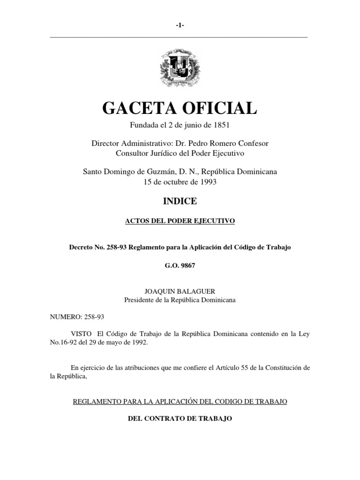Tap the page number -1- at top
(180, 26)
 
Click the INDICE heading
(180, 201)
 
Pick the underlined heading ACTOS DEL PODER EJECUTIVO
(180, 220)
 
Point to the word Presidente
(140, 300)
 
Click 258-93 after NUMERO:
(94, 317)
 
